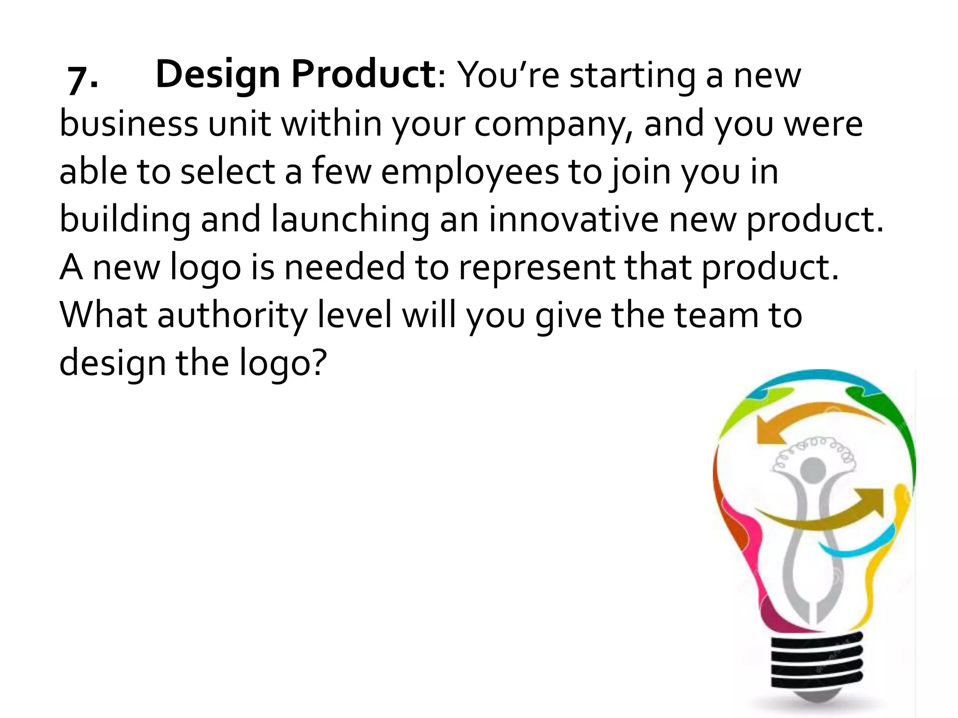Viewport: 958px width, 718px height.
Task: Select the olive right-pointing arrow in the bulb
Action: pyautogui.click(x=837, y=510)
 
